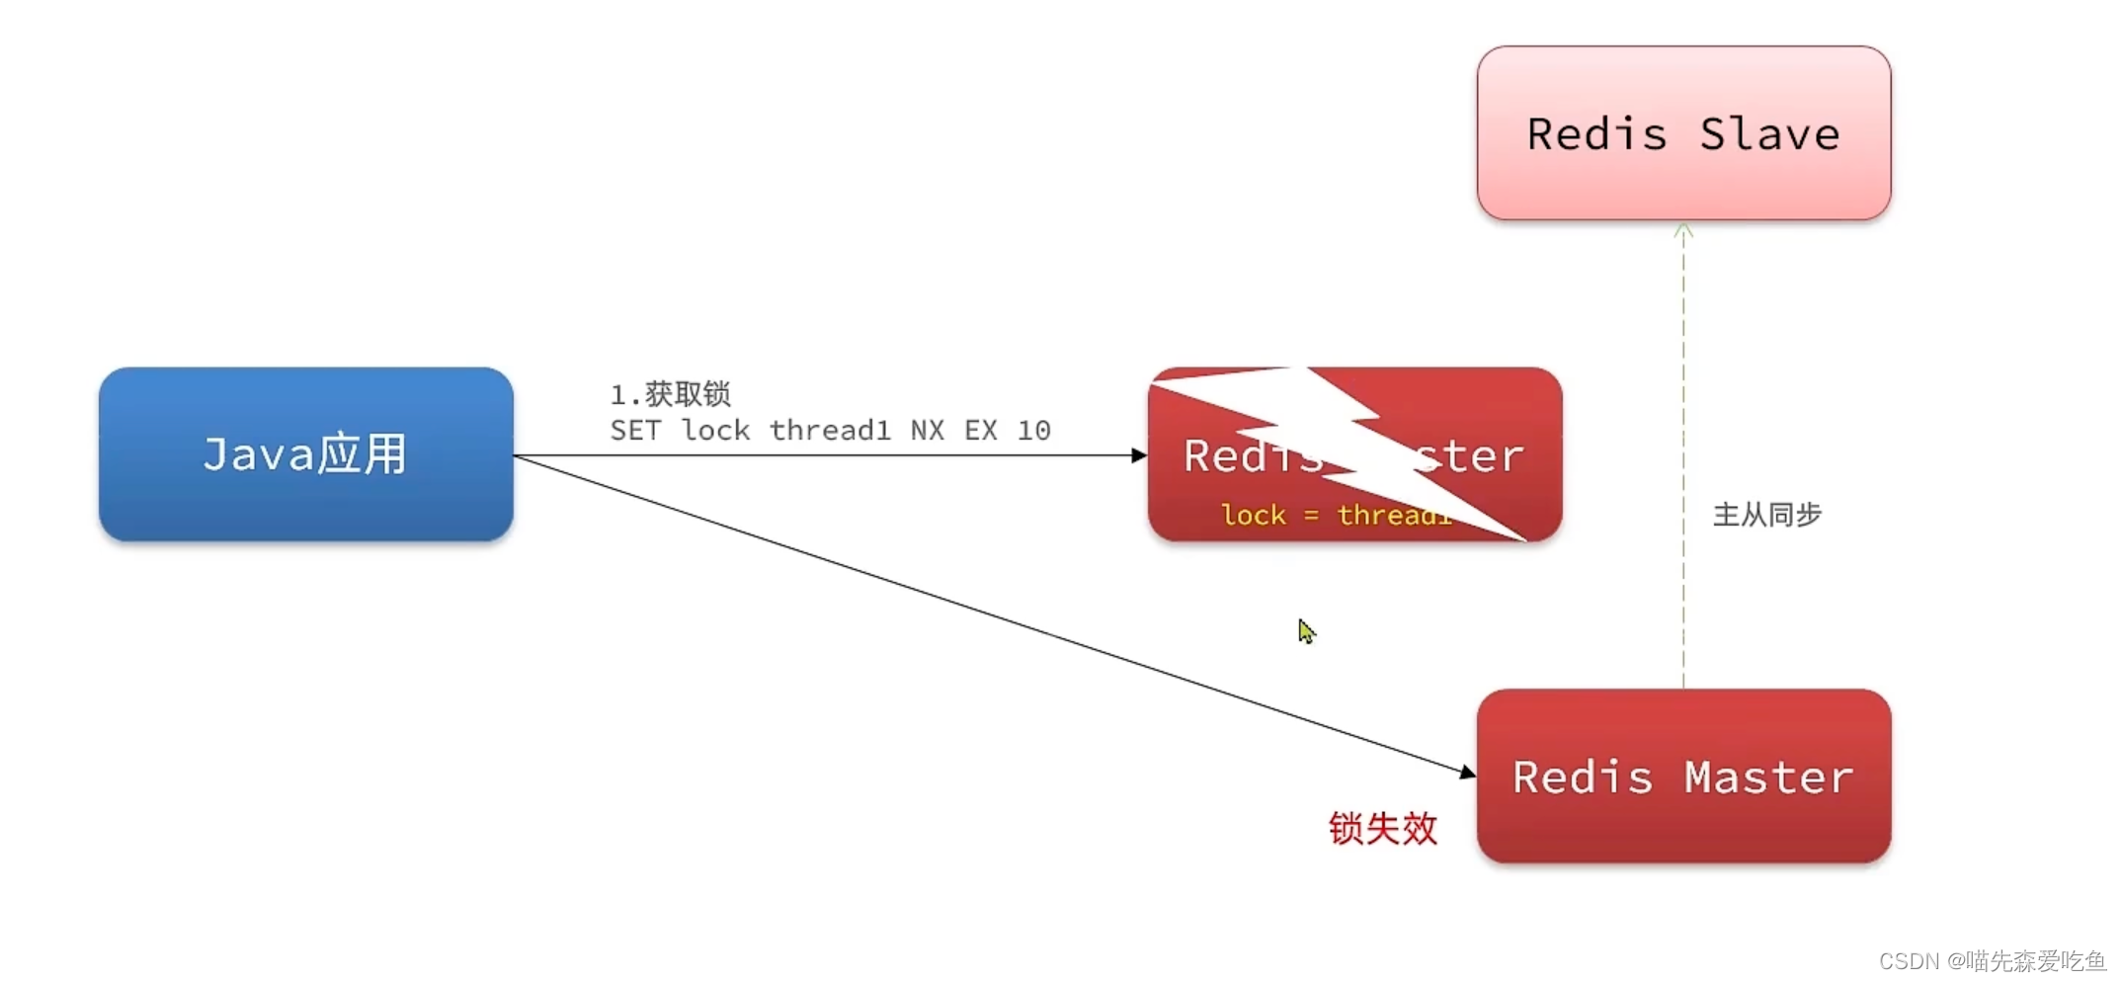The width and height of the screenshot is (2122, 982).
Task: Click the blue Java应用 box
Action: click(305, 454)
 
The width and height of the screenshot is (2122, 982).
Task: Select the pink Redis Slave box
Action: click(1683, 133)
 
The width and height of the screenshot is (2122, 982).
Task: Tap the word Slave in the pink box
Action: click(1769, 134)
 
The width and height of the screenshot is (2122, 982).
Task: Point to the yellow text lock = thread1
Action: click(1334, 515)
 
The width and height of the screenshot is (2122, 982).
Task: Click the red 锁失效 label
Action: click(1382, 828)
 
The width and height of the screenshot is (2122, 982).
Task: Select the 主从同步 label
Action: click(1766, 515)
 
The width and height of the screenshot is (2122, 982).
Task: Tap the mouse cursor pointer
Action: click(1306, 630)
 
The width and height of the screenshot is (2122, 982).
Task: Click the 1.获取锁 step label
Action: click(670, 394)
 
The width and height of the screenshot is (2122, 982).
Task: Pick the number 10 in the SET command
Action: click(1033, 431)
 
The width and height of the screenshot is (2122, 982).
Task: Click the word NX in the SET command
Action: click(927, 431)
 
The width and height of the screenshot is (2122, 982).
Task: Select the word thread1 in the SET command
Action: click(830, 431)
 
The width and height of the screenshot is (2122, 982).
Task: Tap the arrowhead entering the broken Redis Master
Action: click(1139, 455)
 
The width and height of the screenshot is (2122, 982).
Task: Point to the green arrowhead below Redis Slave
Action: click(1683, 231)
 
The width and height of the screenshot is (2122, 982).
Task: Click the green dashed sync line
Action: click(1683, 454)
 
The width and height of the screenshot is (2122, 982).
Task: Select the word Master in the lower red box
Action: click(1768, 777)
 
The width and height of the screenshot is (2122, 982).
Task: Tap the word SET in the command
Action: click(634, 431)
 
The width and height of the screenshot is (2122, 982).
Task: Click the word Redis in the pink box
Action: click(1596, 134)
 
